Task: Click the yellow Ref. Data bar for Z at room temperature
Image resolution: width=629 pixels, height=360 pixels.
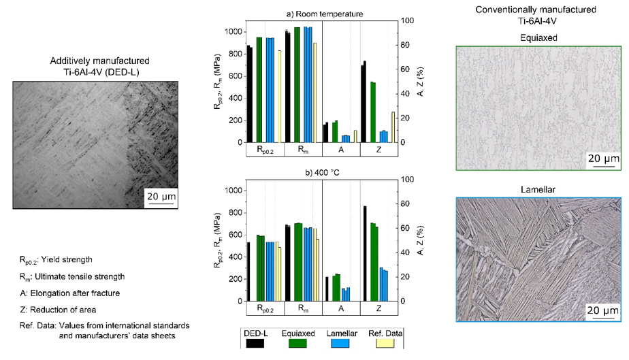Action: pos(393,127)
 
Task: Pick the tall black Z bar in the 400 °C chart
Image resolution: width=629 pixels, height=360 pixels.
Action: pos(365,253)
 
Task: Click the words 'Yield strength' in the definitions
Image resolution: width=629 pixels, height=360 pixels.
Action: pos(76,259)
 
